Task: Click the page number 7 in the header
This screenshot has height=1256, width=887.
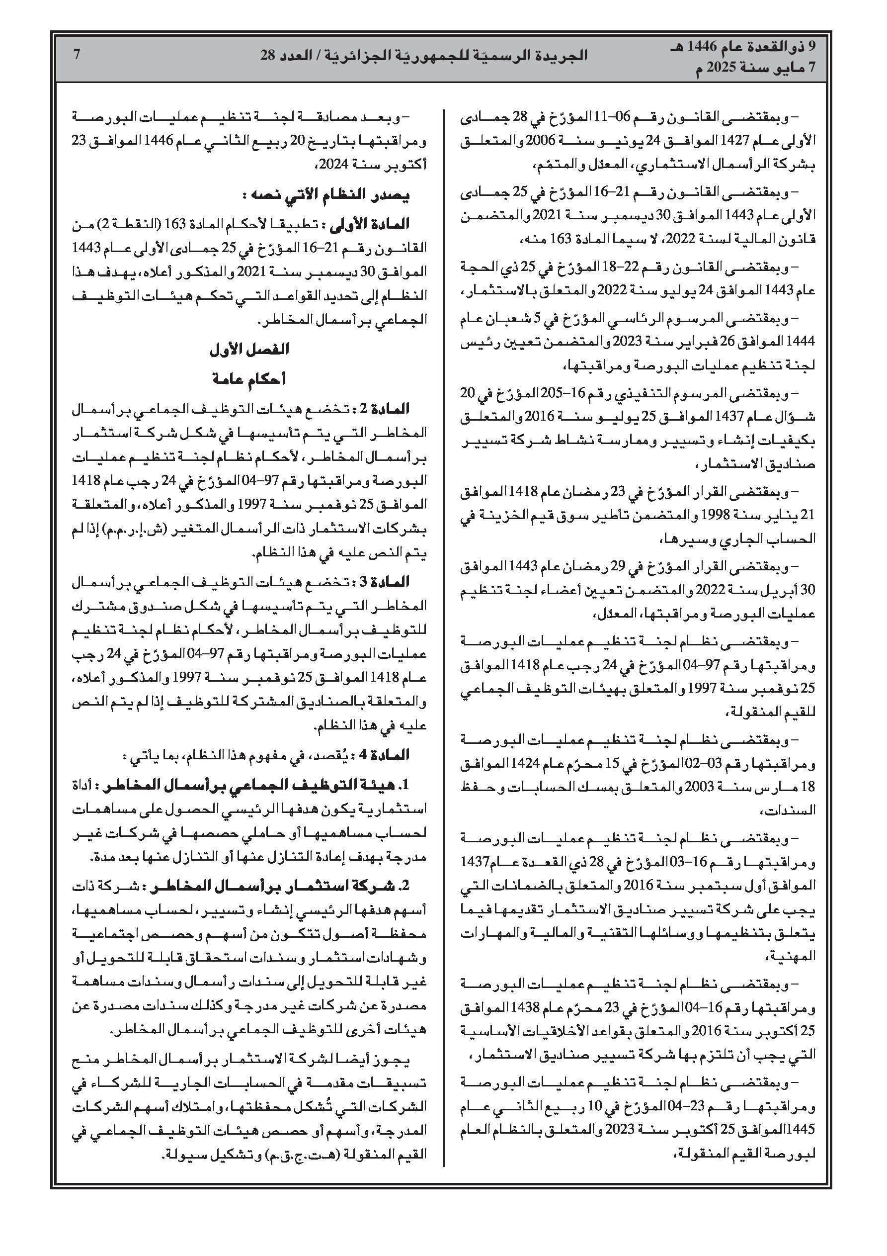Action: pyautogui.click(x=77, y=55)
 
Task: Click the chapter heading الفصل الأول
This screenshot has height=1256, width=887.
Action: pyautogui.click(x=249, y=350)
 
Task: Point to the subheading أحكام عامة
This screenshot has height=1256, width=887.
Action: pyautogui.click(x=249, y=379)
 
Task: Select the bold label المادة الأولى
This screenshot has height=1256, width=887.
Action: pyautogui.click(x=377, y=224)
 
